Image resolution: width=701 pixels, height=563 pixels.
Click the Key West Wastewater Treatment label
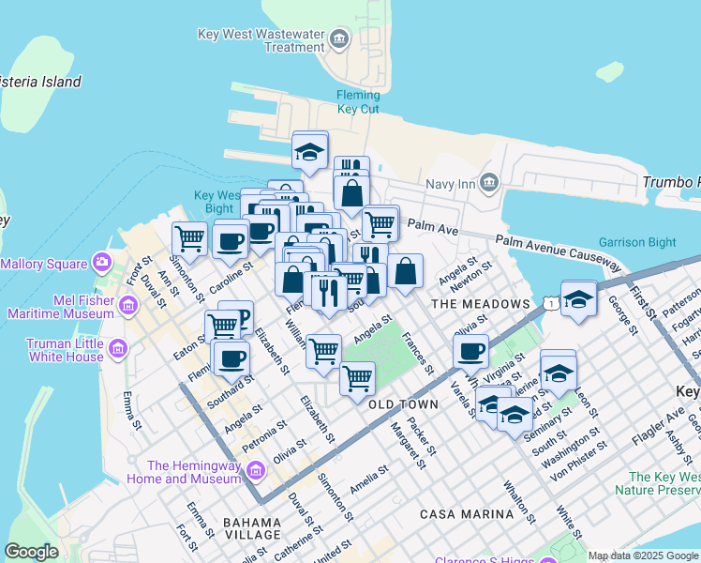[x=261, y=40]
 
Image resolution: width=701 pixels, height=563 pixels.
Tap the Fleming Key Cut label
[x=359, y=102]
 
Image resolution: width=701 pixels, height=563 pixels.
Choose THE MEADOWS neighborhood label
[x=480, y=304]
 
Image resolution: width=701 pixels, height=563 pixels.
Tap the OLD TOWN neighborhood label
[x=403, y=404]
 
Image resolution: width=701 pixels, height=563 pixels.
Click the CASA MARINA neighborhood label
[x=467, y=514]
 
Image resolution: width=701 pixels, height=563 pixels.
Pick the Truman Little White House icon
[x=117, y=350]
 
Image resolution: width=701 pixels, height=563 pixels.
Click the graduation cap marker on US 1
[x=578, y=299]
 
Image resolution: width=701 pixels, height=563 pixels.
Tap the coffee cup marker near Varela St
[x=470, y=351]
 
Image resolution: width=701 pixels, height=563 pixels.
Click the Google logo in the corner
[x=31, y=552]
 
